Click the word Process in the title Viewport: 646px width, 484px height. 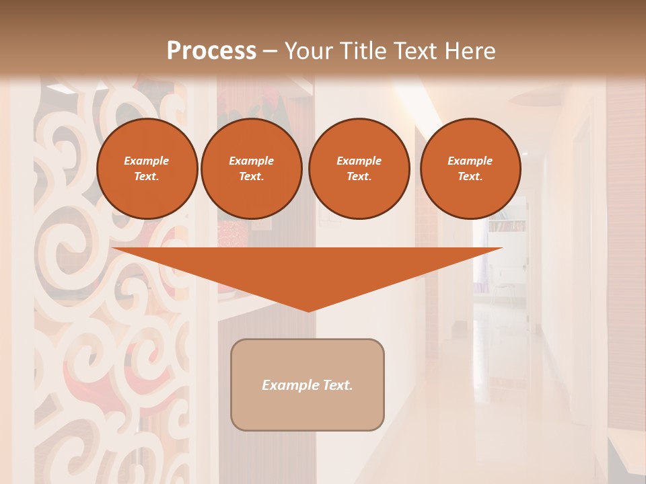211,51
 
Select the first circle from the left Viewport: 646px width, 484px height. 147,168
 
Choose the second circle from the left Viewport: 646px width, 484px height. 251,168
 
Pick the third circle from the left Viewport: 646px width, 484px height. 359,168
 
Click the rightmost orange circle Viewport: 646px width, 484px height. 470,168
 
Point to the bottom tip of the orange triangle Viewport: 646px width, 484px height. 308,311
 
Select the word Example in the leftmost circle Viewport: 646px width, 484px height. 147,161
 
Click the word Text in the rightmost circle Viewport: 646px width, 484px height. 470,176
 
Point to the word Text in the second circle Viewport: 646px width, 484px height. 251,176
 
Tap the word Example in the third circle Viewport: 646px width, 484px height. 359,161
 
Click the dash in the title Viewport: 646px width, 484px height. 270,52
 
